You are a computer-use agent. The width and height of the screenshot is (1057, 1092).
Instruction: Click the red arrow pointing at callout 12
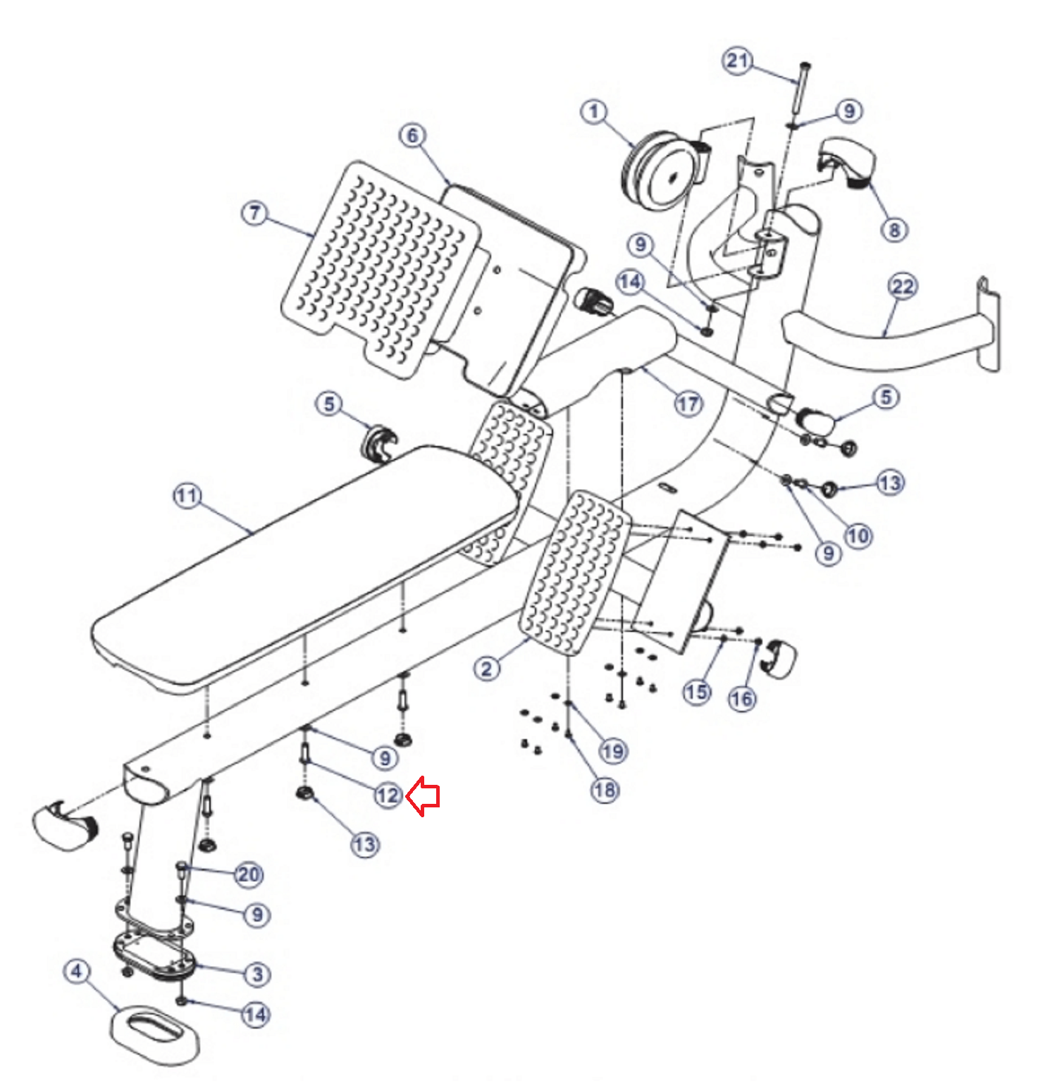[x=426, y=796]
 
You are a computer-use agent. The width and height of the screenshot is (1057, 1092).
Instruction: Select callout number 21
[x=737, y=61]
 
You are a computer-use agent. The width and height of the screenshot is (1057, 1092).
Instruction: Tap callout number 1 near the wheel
[x=594, y=111]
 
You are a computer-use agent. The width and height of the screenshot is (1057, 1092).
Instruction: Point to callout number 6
[x=413, y=135]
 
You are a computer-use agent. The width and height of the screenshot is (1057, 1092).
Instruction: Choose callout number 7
[x=255, y=213]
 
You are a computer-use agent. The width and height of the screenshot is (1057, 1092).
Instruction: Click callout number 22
[x=903, y=287]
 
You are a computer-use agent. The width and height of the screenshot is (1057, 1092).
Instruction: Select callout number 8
[x=894, y=230]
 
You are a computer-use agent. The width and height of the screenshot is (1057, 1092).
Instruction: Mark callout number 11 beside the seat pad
[x=187, y=496]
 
